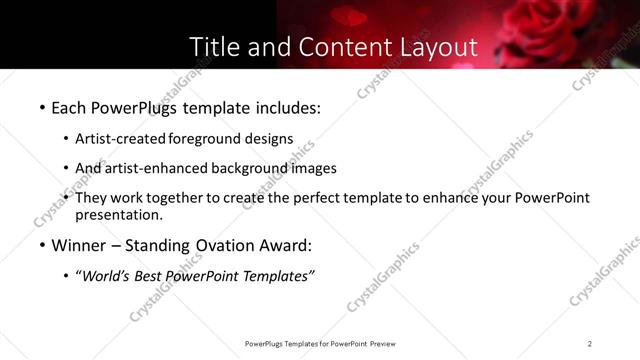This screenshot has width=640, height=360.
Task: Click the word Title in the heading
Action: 212,47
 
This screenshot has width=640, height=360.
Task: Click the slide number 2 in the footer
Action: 590,344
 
